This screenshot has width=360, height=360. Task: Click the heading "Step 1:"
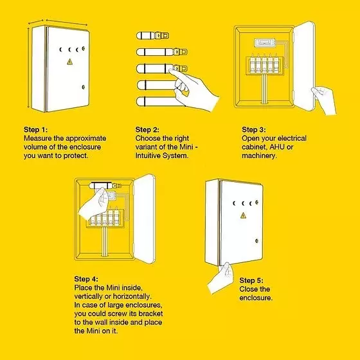tap(35, 129)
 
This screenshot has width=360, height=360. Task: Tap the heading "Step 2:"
tap(147, 129)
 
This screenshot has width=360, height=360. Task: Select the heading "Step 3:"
tap(254, 129)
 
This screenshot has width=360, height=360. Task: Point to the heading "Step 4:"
tap(86, 279)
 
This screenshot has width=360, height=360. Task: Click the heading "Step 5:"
tap(251, 280)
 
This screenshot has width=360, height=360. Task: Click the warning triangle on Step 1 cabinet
tap(70, 62)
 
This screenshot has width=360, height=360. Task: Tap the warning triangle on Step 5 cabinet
tap(243, 215)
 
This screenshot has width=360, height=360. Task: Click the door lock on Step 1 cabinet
tap(83, 87)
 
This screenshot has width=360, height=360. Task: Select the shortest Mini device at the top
tap(152, 35)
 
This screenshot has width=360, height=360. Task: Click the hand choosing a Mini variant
tap(195, 90)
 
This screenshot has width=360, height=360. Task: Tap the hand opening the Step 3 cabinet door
tap(324, 100)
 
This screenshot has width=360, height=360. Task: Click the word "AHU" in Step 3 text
tap(277, 147)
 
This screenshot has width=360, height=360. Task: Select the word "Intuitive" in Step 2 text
tap(148, 156)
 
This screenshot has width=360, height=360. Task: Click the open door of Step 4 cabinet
tap(145, 219)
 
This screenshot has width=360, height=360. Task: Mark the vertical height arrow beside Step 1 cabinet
tap(28, 67)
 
